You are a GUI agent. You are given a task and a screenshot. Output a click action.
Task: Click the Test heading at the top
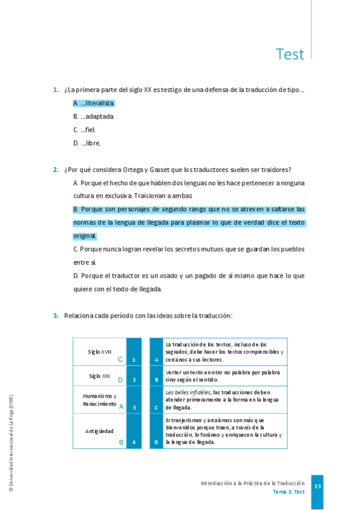coord(290,55)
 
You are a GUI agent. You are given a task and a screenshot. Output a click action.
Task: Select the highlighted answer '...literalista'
coord(94,103)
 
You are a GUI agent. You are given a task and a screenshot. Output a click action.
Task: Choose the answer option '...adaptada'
coord(94,117)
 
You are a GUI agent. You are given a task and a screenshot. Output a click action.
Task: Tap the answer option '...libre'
coord(87,143)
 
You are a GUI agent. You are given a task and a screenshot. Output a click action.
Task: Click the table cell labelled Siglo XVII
coord(99,352)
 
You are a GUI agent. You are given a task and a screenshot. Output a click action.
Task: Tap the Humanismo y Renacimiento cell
coord(99,400)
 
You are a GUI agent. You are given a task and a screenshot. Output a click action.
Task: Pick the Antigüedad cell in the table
coord(99,431)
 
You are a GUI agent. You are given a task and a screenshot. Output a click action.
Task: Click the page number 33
coord(318,486)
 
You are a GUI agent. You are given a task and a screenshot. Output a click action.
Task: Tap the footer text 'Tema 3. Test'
coord(288,492)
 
